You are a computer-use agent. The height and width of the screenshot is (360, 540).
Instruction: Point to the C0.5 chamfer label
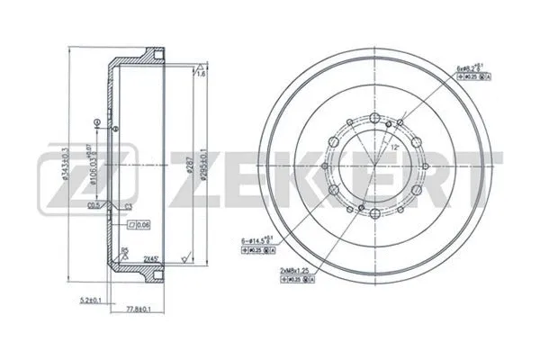pyautogui.click(x=94, y=206)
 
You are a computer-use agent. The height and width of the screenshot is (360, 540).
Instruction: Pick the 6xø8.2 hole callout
pyautogui.click(x=474, y=67)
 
